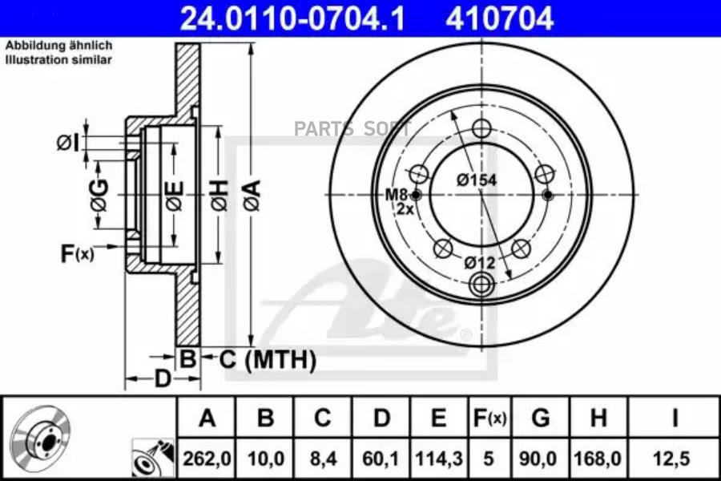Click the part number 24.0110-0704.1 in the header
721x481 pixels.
coord(292,18)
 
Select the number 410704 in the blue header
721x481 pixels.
coord(499,18)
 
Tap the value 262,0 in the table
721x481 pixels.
coord(207,459)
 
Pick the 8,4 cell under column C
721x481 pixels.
coord(322,459)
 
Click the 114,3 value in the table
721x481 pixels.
coord(439,459)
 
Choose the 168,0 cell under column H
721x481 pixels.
coord(598,459)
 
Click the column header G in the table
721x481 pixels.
coord(540,418)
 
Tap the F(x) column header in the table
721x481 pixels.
coord(489,418)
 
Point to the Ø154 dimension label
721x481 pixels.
coord(477,180)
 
